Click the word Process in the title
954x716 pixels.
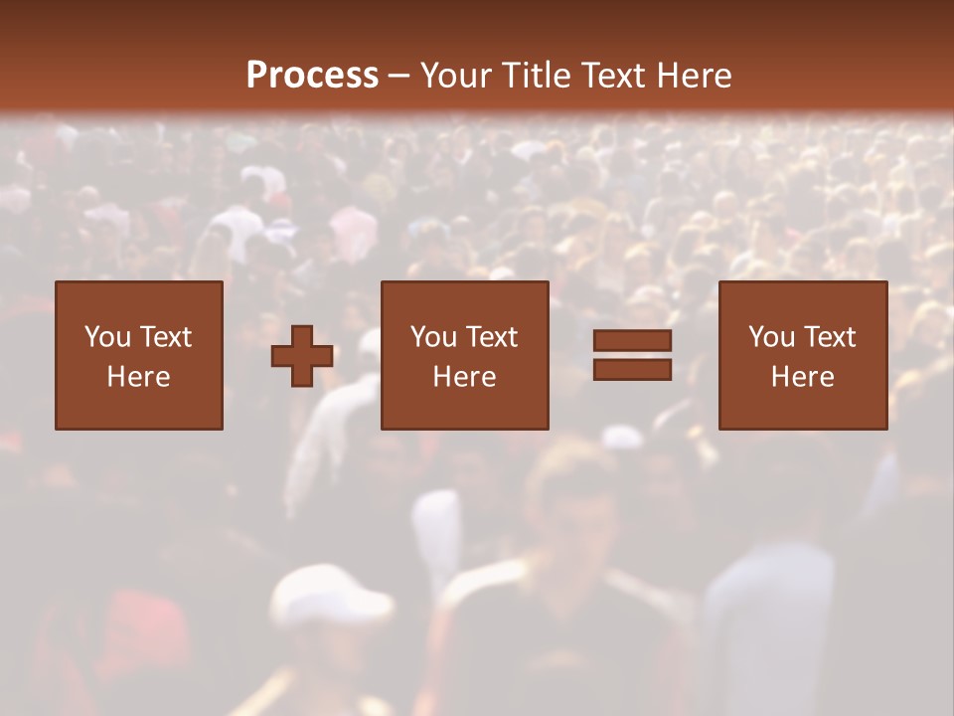(x=312, y=76)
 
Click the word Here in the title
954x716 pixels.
(x=696, y=76)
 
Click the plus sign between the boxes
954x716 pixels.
(x=302, y=356)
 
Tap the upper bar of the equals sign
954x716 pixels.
(x=632, y=341)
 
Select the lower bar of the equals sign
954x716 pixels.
(x=632, y=369)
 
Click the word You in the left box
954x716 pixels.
(x=106, y=337)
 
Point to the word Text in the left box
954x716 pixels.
(x=164, y=337)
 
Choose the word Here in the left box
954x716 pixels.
(x=138, y=377)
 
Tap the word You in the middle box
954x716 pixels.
(x=433, y=337)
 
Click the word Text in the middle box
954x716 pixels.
(x=491, y=337)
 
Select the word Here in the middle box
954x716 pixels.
(x=464, y=377)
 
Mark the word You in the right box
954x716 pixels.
(x=771, y=337)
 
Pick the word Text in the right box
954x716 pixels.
(x=829, y=337)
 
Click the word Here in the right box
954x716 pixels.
(x=802, y=377)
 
